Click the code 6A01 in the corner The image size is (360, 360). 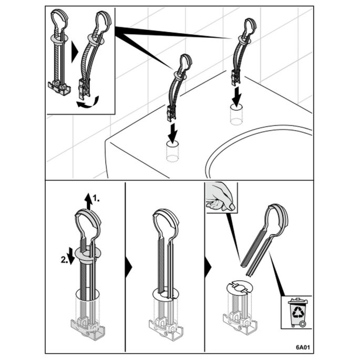pyautogui.click(x=303, y=347)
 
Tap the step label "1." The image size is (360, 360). pyautogui.click(x=96, y=198)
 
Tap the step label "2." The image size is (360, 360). pyautogui.click(x=64, y=260)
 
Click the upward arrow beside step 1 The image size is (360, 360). pyautogui.click(x=88, y=201)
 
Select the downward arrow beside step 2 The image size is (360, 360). pyautogui.click(x=71, y=256)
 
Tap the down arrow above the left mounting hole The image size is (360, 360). pyautogui.click(x=173, y=132)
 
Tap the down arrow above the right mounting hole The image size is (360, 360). pyautogui.click(x=236, y=95)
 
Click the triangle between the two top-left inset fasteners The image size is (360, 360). pyautogui.click(x=75, y=52)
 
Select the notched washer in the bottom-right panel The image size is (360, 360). pyautogui.click(x=240, y=287)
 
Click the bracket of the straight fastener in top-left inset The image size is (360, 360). pyautogui.click(x=59, y=88)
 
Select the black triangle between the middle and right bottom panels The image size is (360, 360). pyautogui.click(x=208, y=267)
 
